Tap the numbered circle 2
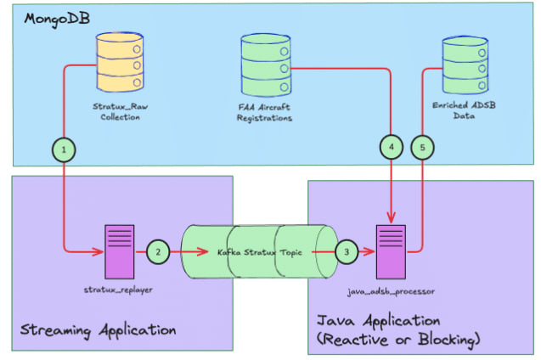158,252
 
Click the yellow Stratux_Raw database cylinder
116,61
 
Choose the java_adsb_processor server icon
392,250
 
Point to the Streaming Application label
98,329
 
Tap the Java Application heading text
378,322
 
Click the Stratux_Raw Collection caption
116,112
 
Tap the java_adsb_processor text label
392,290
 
